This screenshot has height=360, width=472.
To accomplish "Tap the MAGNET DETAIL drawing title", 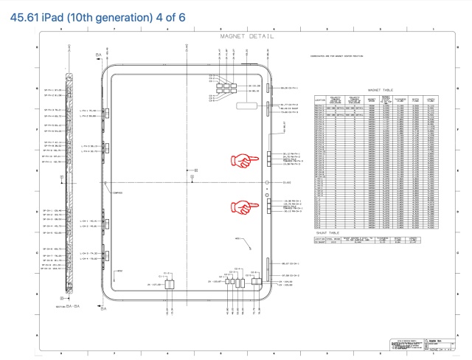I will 247,35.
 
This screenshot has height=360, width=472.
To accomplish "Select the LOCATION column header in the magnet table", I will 319,99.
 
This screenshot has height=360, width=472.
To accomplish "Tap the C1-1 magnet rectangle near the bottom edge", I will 169,283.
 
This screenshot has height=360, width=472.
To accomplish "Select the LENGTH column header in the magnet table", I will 430,99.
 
